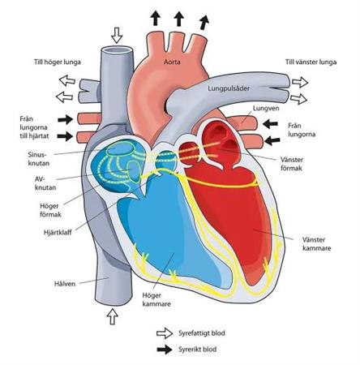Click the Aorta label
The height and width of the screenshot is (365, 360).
tap(172, 62)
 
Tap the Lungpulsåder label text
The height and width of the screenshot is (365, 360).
tap(229, 88)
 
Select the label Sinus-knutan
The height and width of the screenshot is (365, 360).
tap(39, 159)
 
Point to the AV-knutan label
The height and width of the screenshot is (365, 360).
tap(45, 183)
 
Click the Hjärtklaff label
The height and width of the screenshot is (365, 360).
tap(58, 232)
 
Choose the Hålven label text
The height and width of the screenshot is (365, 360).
tap(65, 284)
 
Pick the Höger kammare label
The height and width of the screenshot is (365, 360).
tap(156, 300)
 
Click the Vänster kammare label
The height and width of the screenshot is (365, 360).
tap(316, 244)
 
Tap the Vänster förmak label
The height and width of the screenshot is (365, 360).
tap(292, 164)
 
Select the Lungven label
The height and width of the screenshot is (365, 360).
tap(266, 109)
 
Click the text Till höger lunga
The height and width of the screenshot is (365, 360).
tap(58, 62)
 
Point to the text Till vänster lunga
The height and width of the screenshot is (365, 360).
tap(311, 62)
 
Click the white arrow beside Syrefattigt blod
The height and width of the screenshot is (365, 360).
tap(165, 333)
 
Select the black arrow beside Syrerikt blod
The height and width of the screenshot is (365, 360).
tap(165, 350)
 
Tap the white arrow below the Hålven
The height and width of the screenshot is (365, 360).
tap(112, 316)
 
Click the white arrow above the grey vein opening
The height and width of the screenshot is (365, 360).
tap(117, 35)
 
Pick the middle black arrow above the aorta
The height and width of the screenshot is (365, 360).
tap(178, 19)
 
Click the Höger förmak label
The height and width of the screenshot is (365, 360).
tap(50, 210)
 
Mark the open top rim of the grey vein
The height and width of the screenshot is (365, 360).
tap(117, 49)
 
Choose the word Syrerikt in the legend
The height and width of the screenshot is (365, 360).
tap(190, 350)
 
